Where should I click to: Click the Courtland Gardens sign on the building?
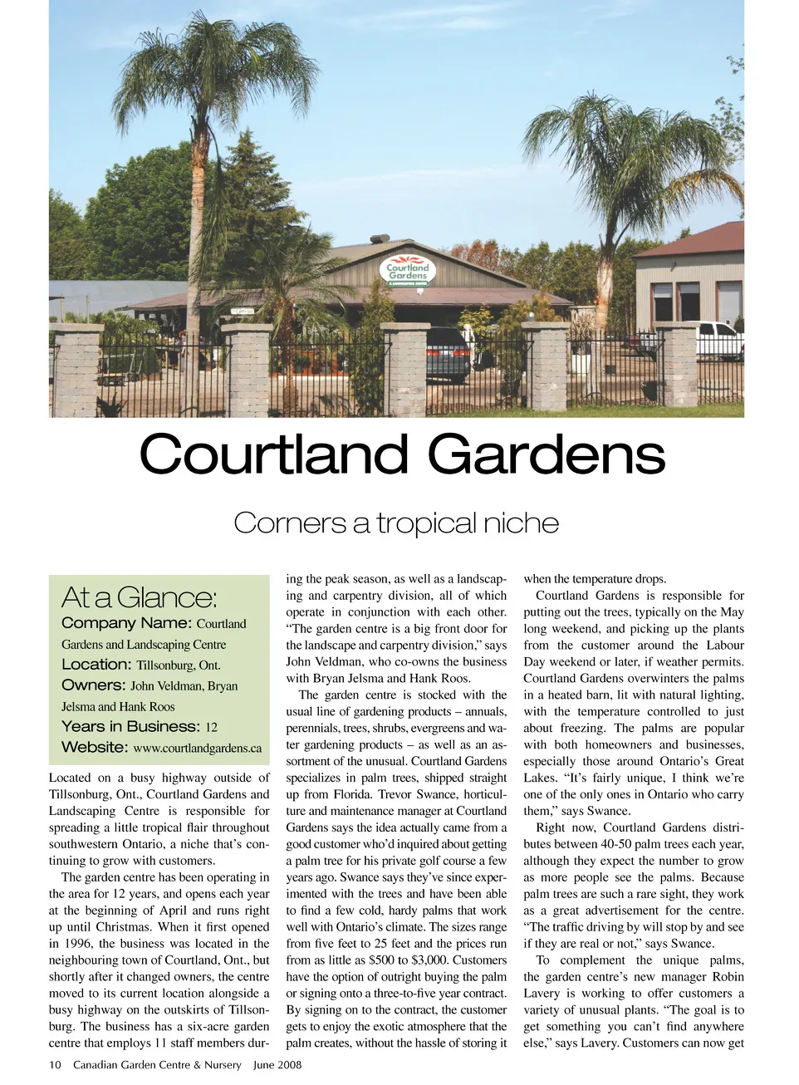tap(408, 271)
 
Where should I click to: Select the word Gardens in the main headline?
tap(546, 455)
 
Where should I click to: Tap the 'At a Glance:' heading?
tap(140, 597)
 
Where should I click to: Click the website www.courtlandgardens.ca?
tap(197, 749)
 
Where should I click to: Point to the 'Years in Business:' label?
tap(130, 727)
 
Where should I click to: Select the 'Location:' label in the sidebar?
tap(96, 665)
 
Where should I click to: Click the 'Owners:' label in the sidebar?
tap(94, 685)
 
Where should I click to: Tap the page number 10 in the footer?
tap(55, 1065)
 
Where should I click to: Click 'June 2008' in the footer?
tap(277, 1065)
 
